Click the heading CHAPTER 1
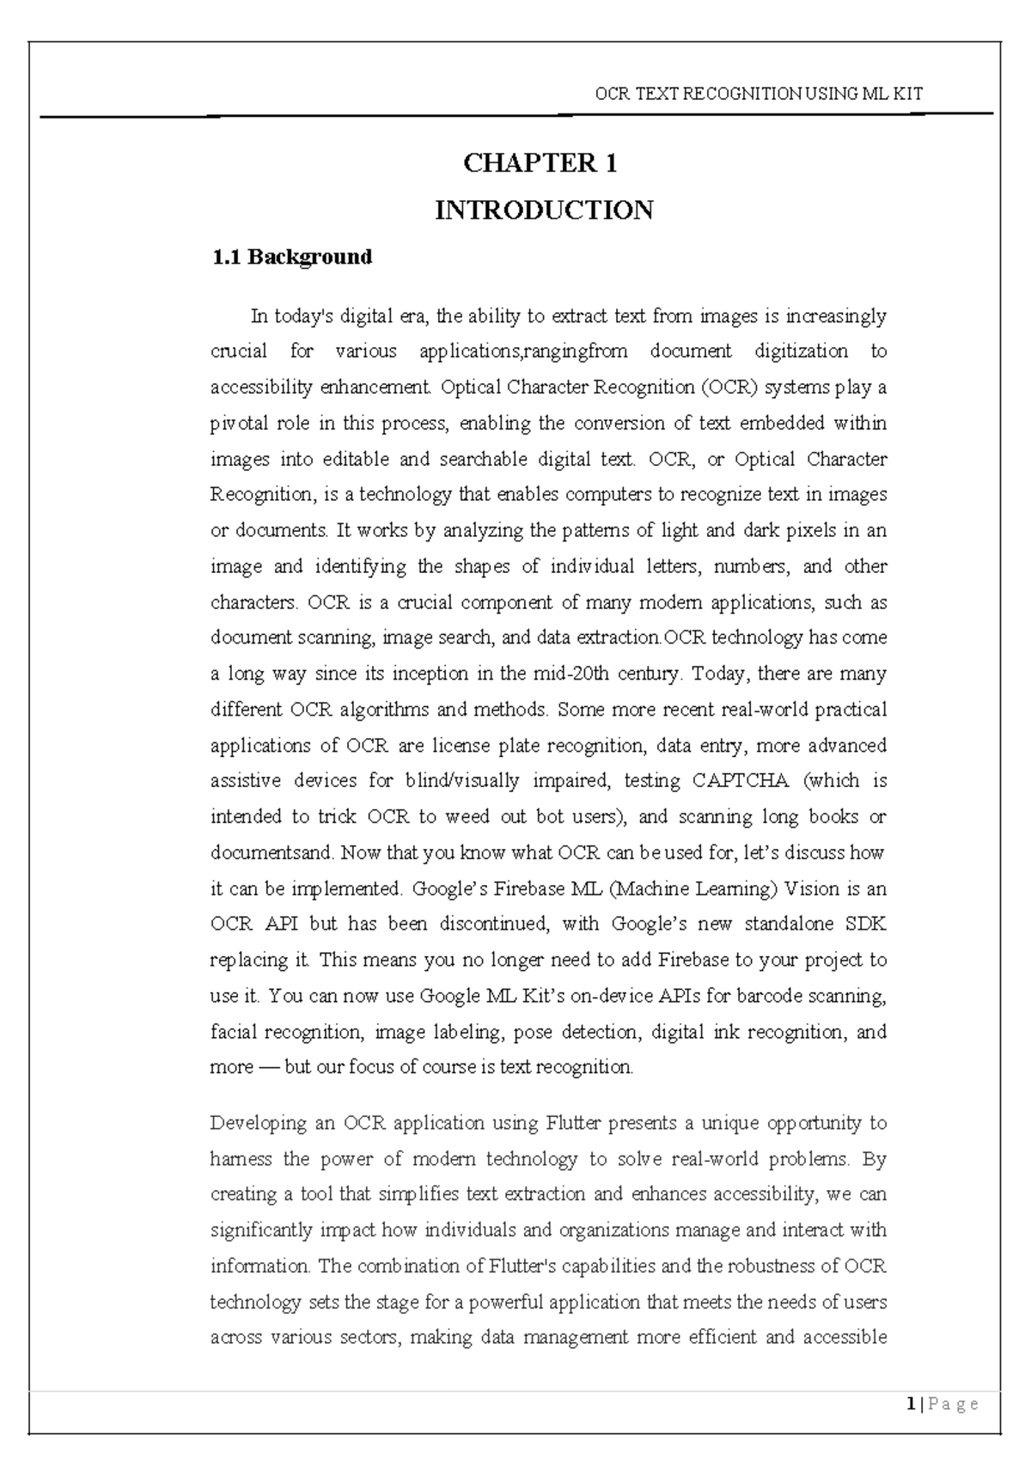[540, 163]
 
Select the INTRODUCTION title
[544, 210]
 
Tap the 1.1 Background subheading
[291, 257]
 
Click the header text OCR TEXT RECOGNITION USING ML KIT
[759, 95]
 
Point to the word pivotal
[236, 424]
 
